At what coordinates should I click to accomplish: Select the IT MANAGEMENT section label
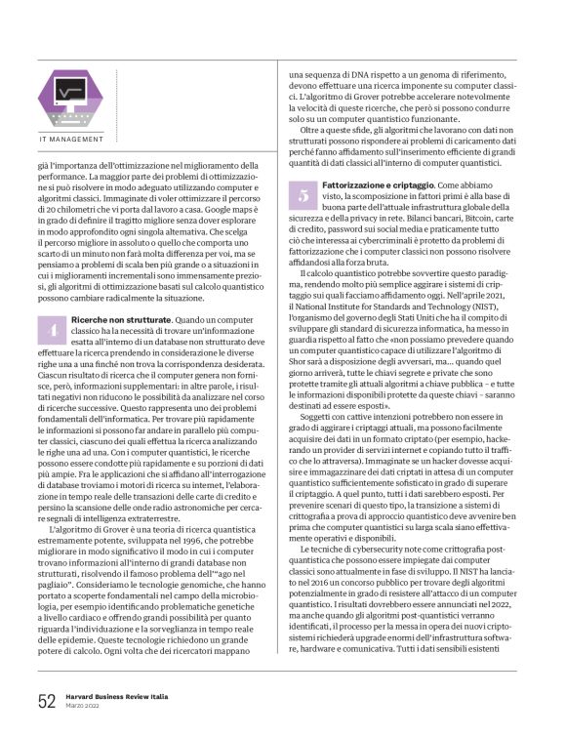point(70,139)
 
